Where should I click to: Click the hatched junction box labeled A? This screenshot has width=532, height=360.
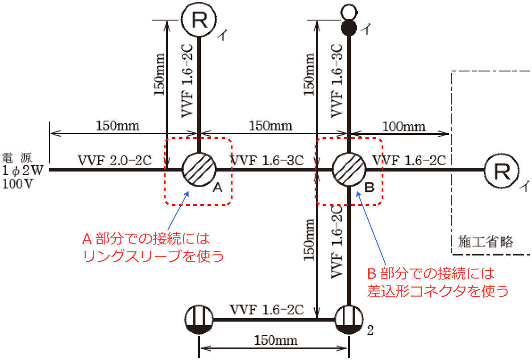(199, 169)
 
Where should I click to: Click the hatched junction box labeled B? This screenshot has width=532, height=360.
(349, 169)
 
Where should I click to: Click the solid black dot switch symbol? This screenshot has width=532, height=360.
(349, 28)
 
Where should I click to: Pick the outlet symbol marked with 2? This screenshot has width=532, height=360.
(349, 320)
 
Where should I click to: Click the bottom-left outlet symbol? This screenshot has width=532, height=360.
(199, 320)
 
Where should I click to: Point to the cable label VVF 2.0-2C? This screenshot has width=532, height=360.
(115, 160)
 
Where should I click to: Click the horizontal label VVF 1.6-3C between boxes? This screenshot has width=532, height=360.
(267, 160)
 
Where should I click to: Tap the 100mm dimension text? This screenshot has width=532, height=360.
(404, 127)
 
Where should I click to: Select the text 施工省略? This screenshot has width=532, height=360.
(486, 241)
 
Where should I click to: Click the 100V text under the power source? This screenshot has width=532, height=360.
(18, 184)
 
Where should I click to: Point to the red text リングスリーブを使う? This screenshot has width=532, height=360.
(154, 256)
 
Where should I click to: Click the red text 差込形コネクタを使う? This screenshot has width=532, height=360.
(438, 291)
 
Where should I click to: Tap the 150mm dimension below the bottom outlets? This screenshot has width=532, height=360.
(276, 340)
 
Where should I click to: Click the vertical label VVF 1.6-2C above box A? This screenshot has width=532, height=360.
(187, 81)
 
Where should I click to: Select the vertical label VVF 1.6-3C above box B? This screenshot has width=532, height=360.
(337, 81)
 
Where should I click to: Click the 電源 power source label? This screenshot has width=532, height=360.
(17, 158)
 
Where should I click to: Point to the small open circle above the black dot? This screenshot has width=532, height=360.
(349, 12)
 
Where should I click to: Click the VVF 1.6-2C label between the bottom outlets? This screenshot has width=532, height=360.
(267, 310)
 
